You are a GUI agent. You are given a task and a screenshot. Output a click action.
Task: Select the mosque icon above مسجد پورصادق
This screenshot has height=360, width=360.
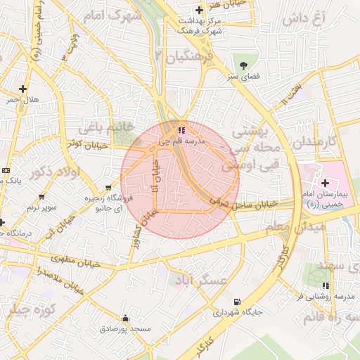[x=125, y=319]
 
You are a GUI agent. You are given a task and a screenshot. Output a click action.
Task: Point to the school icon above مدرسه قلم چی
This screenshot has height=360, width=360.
[x=181, y=130]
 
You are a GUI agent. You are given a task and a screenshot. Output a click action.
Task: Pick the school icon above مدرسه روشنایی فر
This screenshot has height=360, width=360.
[x=325, y=285]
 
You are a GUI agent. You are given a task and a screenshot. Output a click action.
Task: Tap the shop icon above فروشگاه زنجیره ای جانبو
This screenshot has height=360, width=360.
[x=108, y=188]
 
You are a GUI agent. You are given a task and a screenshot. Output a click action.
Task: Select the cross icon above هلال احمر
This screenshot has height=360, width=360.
[x=23, y=89]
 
